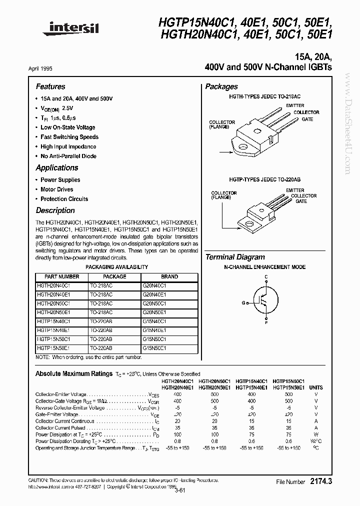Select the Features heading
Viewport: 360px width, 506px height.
(x=50, y=86)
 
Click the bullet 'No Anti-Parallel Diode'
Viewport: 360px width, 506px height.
(x=68, y=156)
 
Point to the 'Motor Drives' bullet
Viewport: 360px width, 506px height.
(x=56, y=189)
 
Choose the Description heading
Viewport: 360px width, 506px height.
(x=55, y=210)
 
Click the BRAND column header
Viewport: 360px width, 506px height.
(x=169, y=276)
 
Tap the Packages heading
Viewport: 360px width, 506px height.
(x=221, y=86)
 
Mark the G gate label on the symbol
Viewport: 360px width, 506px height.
(x=244, y=303)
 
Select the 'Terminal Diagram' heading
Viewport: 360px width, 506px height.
(x=235, y=257)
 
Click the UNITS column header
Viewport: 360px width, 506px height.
(x=316, y=387)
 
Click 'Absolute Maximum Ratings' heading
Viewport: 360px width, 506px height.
(x=73, y=373)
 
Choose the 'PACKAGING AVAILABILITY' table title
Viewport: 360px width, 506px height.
(x=117, y=267)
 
